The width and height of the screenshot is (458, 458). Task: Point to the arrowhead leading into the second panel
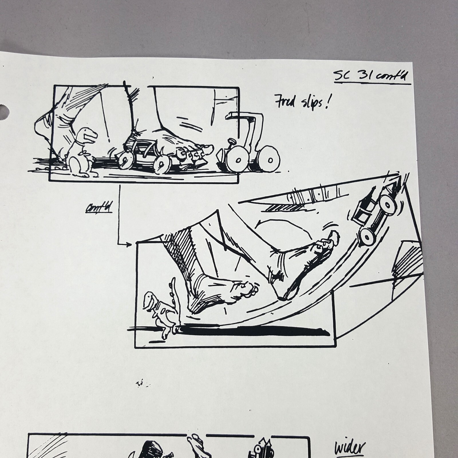point(129,244)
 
